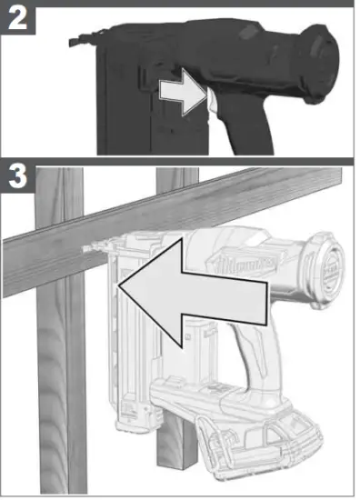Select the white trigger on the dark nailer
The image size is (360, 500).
click(212, 106)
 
